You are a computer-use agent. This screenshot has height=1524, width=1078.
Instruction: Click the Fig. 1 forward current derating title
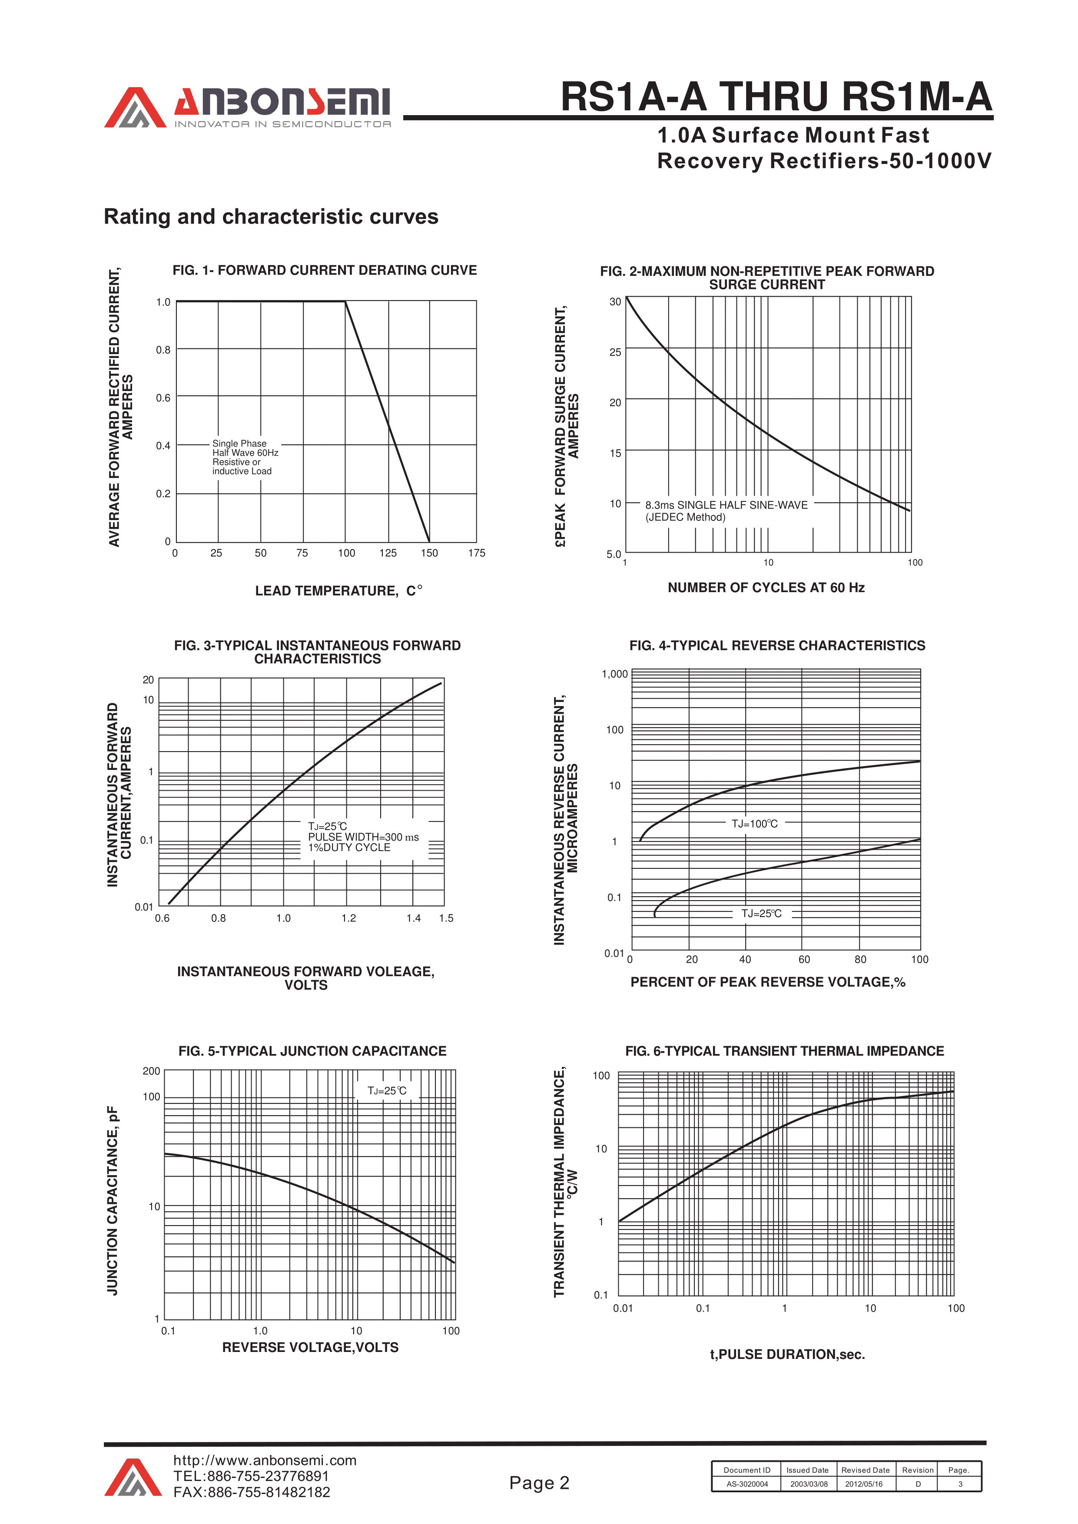325,270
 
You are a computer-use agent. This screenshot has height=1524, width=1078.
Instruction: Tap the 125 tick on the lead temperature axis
388,553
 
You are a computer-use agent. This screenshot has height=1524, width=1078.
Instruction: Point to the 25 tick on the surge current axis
615,352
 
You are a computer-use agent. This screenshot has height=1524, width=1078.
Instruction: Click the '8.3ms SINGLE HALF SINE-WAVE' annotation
726,505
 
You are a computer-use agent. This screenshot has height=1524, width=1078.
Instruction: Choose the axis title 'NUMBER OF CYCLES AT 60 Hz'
766,587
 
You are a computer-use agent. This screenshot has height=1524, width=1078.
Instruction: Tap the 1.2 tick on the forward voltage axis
348,918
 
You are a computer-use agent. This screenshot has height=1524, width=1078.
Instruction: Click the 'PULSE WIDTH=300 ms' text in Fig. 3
363,837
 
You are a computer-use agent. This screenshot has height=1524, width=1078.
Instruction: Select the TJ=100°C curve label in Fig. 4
755,824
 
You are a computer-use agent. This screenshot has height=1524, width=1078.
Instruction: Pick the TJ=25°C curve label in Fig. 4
761,913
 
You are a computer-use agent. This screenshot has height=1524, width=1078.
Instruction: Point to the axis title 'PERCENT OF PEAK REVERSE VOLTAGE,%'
767,982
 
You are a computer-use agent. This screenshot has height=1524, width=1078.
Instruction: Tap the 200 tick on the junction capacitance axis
151,1070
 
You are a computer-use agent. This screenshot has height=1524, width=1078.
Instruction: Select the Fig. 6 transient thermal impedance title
785,1051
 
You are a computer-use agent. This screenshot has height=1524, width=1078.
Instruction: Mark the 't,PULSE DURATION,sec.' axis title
787,1354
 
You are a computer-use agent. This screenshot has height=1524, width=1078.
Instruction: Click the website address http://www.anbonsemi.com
265,1460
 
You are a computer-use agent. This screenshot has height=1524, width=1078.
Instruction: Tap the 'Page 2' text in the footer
539,1483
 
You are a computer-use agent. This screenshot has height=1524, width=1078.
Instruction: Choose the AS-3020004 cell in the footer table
747,1484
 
